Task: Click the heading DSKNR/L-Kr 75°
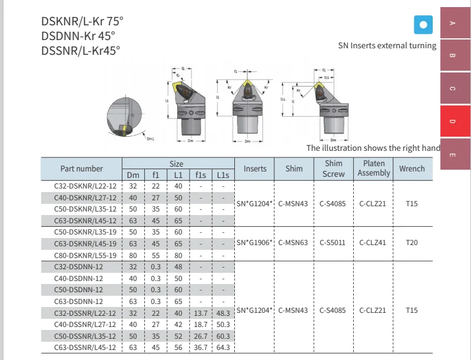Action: [82, 21]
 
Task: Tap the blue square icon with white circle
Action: [423, 25]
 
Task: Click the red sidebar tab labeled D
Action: [452, 121]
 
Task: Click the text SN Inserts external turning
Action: [387, 45]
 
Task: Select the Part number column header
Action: [81, 169]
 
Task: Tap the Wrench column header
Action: [412, 169]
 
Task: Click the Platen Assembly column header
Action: [374, 168]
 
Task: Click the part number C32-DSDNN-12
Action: [81, 266]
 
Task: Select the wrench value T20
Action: [412, 242]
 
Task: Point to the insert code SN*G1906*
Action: [254, 242]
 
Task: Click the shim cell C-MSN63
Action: [294, 242]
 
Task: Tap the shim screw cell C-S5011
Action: [333, 242]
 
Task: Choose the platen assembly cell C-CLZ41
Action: [373, 242]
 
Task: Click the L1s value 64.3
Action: [223, 348]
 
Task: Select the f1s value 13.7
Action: [201, 313]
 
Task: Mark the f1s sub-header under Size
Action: [201, 175]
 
